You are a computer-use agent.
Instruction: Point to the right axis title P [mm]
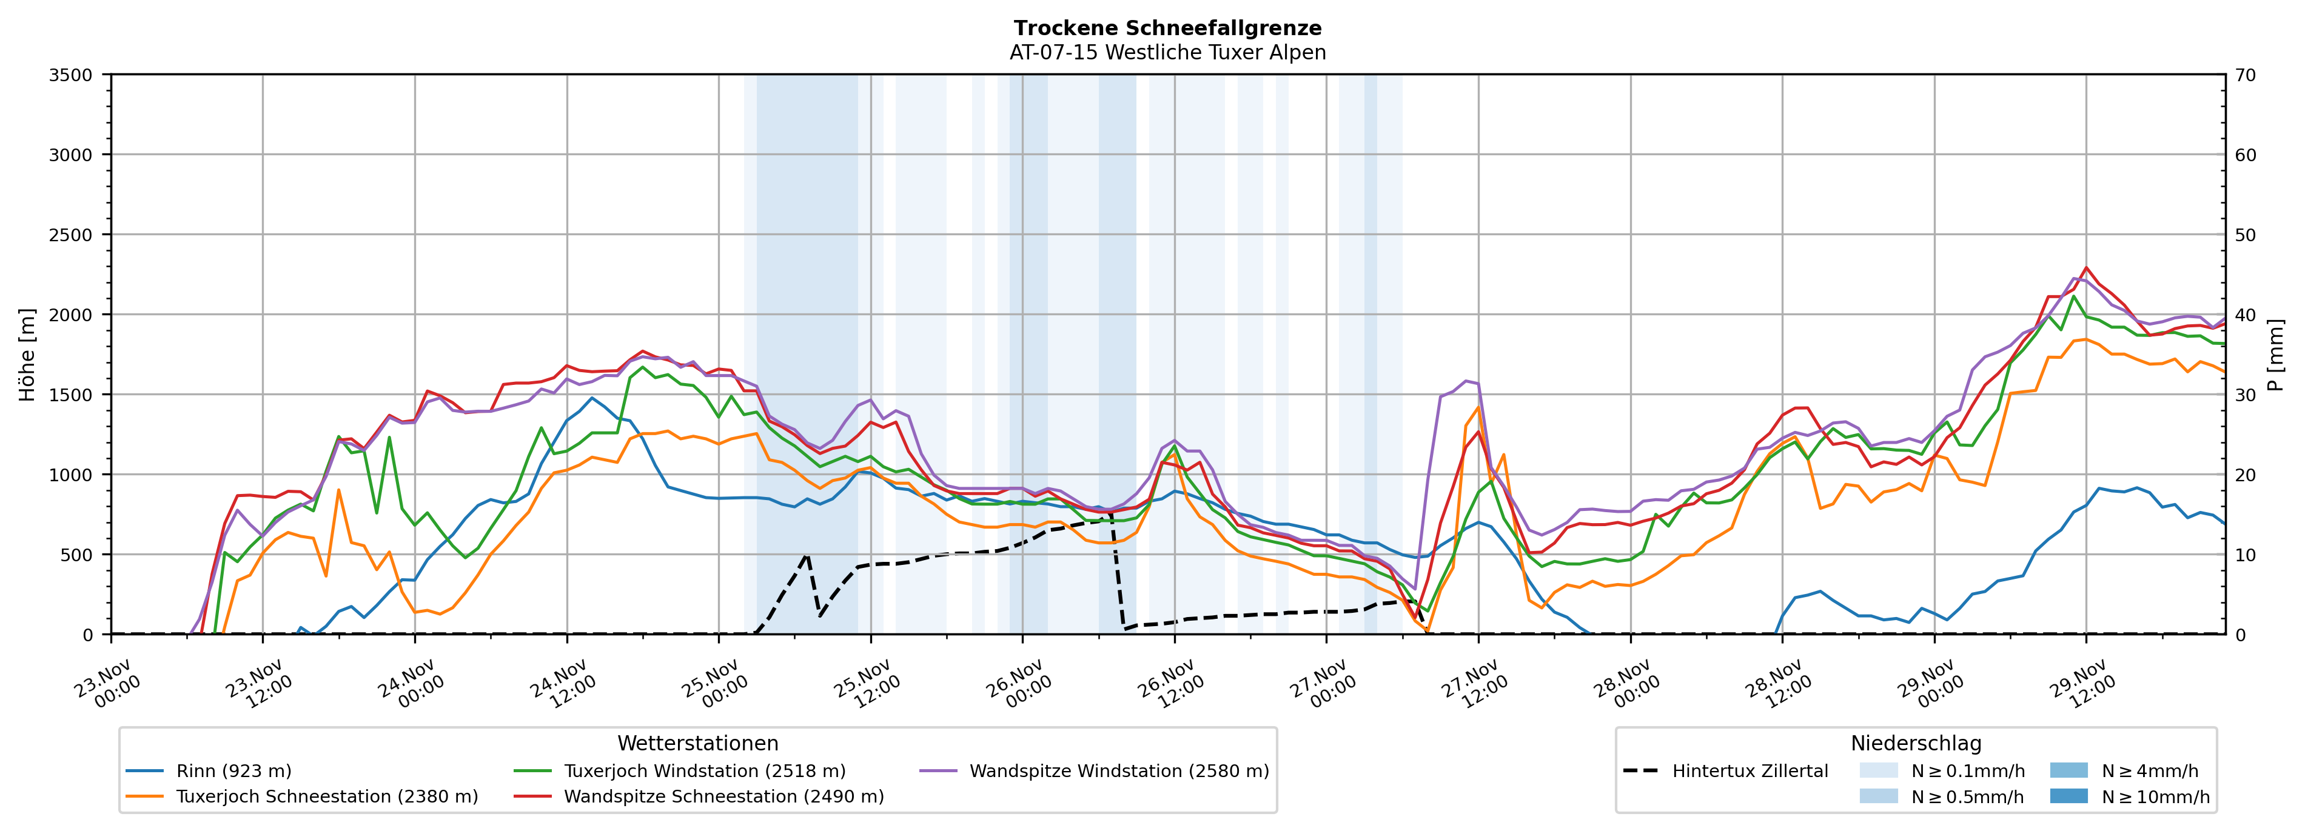2275,354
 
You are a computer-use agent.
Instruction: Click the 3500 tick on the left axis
71,75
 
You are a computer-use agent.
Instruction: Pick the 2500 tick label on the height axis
71,235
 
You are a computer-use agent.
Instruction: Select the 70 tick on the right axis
2245,75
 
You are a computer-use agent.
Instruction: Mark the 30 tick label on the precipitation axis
2245,395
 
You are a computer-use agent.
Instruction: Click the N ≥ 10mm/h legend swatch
2068,796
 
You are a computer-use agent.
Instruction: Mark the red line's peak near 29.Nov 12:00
2085,267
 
